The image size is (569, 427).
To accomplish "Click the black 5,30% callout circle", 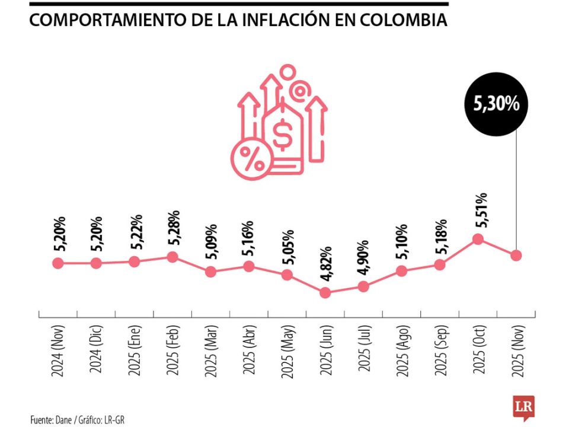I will pyautogui.click(x=496, y=104).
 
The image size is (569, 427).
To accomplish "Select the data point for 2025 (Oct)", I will pyautogui.click(x=478, y=239).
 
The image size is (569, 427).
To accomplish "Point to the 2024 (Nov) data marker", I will pyautogui.click(x=57, y=263).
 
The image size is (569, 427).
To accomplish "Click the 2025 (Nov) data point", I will pyautogui.click(x=516, y=255).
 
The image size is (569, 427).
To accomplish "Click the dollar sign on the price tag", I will pyautogui.click(x=283, y=133).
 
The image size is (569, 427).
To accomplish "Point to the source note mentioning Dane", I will pyautogui.click(x=78, y=420).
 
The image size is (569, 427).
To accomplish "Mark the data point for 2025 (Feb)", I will pyautogui.click(x=172, y=257).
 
